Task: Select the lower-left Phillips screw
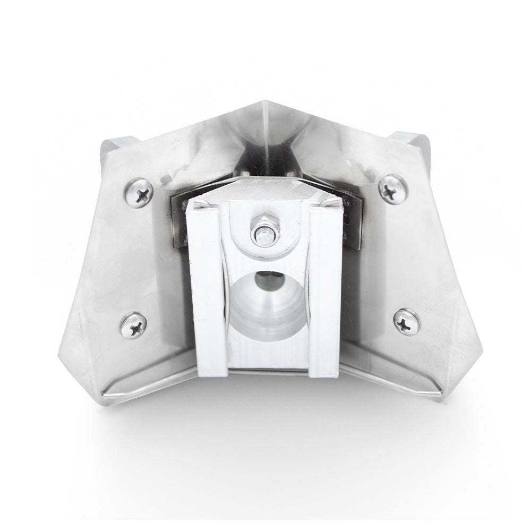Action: coord(133,325)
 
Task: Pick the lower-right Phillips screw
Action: coord(407,322)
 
